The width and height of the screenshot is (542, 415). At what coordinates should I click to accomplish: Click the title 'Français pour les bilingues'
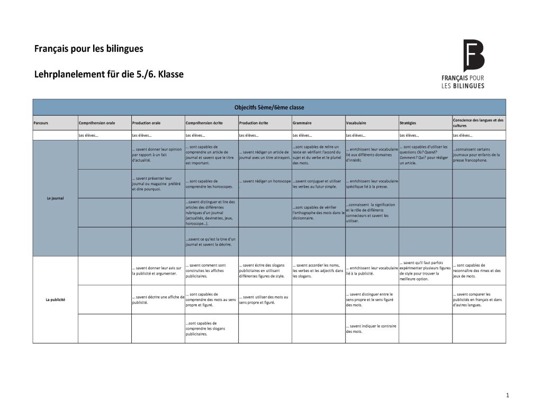point(88,49)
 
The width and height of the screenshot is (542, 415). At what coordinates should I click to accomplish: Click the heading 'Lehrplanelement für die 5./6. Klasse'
point(109,74)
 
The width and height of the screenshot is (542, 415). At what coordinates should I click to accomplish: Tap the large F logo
point(473,55)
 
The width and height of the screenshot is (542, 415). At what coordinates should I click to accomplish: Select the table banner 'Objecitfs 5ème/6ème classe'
point(269,107)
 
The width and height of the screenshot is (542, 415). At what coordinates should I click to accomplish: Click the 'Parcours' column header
point(41,123)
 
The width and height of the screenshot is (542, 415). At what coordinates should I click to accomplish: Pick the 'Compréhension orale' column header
point(97,123)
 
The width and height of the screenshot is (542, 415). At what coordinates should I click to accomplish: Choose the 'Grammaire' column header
point(302,123)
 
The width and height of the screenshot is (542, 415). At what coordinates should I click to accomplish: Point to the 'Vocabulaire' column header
point(357,123)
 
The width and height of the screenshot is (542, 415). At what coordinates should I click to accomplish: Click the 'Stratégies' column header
point(408,123)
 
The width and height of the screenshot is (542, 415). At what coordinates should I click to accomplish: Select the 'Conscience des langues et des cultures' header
point(478,122)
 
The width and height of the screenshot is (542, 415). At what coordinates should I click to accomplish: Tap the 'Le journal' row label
point(55,198)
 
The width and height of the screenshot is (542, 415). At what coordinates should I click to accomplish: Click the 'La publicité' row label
point(55,300)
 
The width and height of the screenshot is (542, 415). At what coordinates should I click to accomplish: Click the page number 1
point(507,395)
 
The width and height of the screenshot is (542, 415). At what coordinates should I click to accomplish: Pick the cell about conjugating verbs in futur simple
point(317,184)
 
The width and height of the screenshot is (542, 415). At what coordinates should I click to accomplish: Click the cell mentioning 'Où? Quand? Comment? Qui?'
point(424,155)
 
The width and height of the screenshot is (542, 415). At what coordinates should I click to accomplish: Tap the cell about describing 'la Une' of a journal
point(210,242)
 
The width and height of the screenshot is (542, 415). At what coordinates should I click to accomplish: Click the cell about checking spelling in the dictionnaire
point(318,213)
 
